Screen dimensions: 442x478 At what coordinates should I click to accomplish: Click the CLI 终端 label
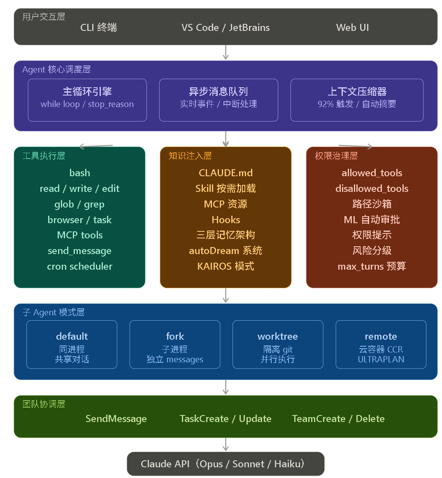pyautogui.click(x=98, y=28)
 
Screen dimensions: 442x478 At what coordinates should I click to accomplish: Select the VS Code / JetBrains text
pyautogui.click(x=226, y=28)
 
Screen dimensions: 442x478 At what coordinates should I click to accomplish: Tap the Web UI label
pyautogui.click(x=352, y=28)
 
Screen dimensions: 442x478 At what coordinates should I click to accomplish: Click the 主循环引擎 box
pyautogui.click(x=87, y=100)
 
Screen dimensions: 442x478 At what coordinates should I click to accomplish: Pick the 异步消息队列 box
pyautogui.click(x=219, y=100)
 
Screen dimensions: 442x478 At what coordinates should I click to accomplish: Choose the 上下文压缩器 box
pyautogui.click(x=357, y=100)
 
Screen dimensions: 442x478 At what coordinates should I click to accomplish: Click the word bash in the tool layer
pyautogui.click(x=79, y=173)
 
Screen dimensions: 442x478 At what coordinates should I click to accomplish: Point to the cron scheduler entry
pyautogui.click(x=79, y=266)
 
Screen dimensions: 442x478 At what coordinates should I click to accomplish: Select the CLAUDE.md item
pyautogui.click(x=226, y=173)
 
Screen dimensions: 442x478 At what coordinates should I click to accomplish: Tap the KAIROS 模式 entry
pyautogui.click(x=226, y=266)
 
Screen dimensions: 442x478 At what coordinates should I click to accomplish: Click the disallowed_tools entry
pyautogui.click(x=372, y=189)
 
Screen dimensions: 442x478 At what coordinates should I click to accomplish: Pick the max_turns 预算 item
pyautogui.click(x=372, y=266)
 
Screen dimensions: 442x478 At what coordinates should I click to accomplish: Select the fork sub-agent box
pyautogui.click(x=175, y=345)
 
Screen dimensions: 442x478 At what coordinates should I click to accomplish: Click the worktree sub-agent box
pyautogui.click(x=278, y=345)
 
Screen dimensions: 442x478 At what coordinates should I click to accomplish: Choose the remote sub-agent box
pyautogui.click(x=381, y=345)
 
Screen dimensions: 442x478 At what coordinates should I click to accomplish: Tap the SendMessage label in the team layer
pyautogui.click(x=116, y=419)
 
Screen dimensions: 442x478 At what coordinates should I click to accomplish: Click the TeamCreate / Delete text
pyautogui.click(x=338, y=419)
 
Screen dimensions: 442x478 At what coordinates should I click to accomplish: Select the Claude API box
pyautogui.click(x=226, y=464)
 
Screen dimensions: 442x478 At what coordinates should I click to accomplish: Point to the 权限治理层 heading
pyautogui.click(x=336, y=156)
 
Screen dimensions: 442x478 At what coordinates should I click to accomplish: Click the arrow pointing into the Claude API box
pyautogui.click(x=226, y=445)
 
